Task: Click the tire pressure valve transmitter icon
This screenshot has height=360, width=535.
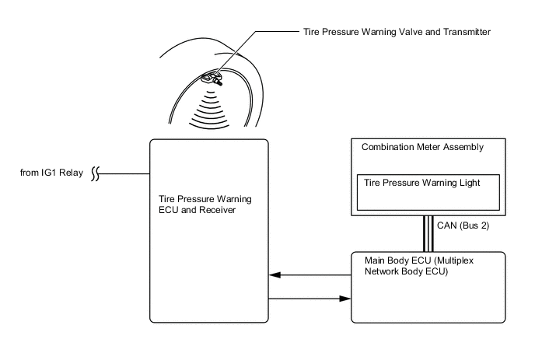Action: tap(209, 78)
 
